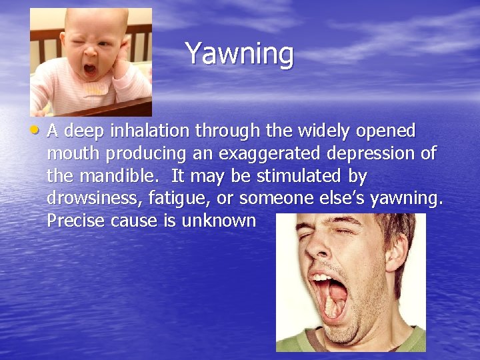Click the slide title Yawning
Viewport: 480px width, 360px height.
239,53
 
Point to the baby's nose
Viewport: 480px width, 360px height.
89,53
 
